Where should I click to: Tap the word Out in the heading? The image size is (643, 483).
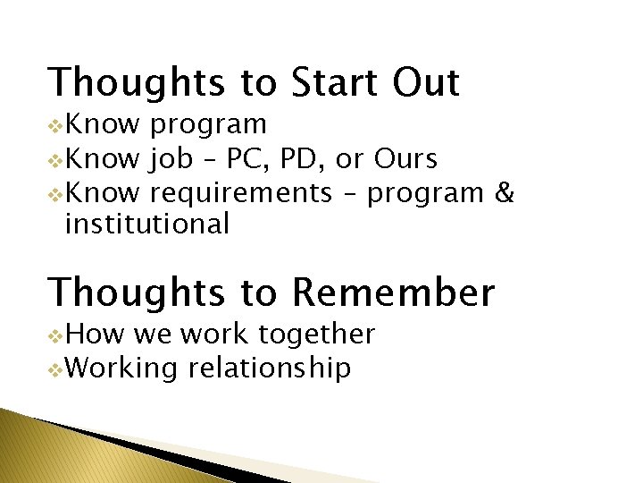426,82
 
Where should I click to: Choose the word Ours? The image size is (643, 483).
405,159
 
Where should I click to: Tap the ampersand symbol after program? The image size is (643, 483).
504,191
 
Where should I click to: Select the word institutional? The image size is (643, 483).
147,224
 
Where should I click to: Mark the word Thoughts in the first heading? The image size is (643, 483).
138,82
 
